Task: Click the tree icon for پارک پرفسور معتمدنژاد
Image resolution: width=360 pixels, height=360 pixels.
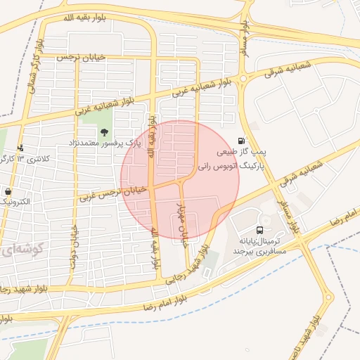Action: (105, 131)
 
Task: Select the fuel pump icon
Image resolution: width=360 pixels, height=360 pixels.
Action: (243, 141)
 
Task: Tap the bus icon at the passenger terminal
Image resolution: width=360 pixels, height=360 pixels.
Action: (261, 230)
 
